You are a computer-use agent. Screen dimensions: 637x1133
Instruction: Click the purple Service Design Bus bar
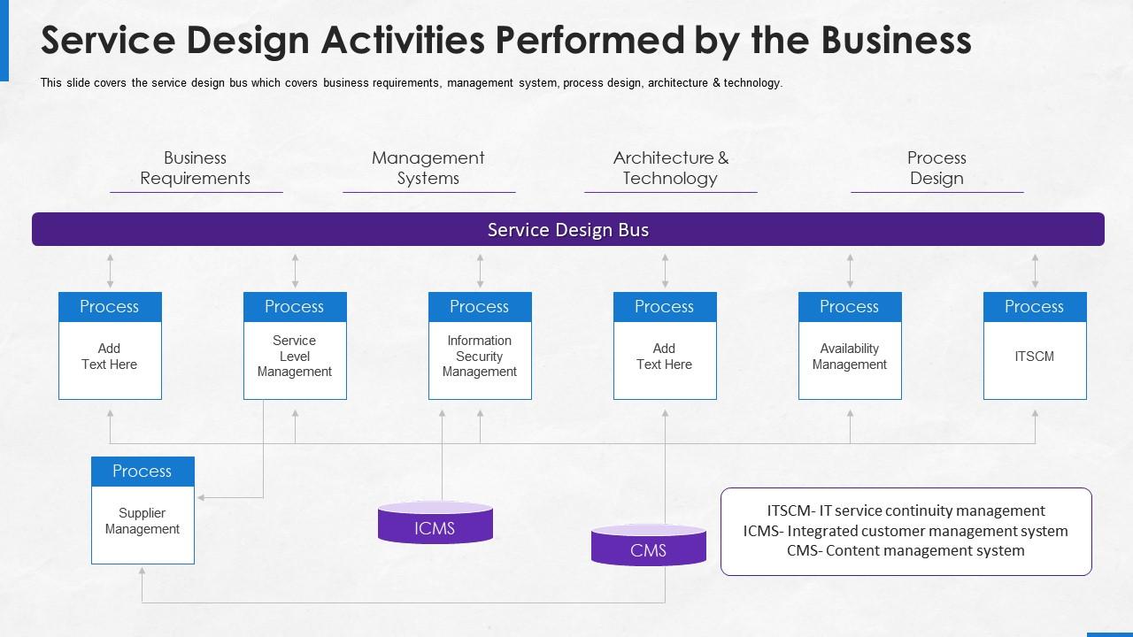coord(567,230)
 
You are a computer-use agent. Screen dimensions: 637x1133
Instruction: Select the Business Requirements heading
coord(195,168)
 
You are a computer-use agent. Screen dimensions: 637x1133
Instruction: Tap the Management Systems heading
coord(428,168)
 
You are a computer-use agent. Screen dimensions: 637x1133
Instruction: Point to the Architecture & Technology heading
coord(670,168)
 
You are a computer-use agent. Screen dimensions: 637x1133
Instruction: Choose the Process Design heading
coord(936,168)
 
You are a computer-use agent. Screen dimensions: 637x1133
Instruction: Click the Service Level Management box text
coord(295,357)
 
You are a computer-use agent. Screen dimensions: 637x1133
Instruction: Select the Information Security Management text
coord(480,357)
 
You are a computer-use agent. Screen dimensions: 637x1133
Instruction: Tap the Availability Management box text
coord(850,357)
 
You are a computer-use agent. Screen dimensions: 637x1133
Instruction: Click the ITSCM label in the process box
coord(1034,357)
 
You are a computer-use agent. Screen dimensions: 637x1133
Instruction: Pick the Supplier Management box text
coord(143,521)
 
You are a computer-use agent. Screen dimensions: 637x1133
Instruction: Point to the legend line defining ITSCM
coord(906,510)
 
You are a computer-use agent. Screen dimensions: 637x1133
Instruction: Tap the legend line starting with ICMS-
coord(906,531)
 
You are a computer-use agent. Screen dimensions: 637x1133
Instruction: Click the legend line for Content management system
coord(906,550)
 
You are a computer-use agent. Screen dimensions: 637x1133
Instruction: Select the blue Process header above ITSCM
coord(1034,307)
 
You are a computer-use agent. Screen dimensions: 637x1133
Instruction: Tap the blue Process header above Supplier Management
coord(143,472)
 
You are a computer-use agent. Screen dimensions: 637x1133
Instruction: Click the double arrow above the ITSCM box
coord(1035,271)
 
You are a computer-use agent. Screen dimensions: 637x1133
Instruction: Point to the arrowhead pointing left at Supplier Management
coord(202,498)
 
